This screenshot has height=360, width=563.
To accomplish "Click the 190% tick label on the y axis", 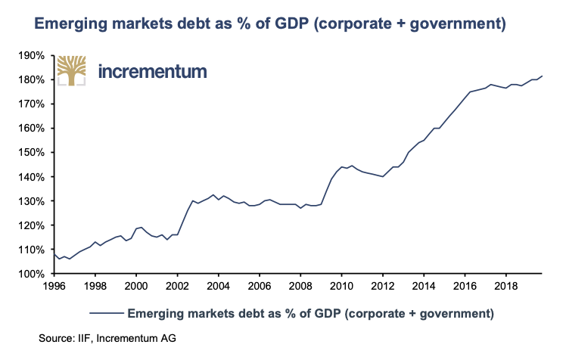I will click(x=33, y=55).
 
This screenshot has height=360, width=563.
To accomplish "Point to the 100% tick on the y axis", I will click(x=33, y=274).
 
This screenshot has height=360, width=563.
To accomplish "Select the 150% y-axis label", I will click(x=33, y=153).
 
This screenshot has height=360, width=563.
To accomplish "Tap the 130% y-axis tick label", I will click(x=33, y=201).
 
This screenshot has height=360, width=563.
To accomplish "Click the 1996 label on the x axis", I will click(x=54, y=287).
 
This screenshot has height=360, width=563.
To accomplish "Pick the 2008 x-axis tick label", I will click(x=300, y=287).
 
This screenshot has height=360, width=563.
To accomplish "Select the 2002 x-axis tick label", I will click(x=177, y=287).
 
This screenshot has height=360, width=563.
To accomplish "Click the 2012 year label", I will click(x=383, y=287).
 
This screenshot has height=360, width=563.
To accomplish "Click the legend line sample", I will click(x=105, y=312).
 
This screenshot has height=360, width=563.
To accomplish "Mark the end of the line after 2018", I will click(x=543, y=76).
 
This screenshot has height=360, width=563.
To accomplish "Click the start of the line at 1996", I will click(x=54, y=254).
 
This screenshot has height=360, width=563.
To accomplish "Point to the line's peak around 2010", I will click(x=352, y=166).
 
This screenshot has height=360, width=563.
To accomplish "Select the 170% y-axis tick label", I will click(x=33, y=104).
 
